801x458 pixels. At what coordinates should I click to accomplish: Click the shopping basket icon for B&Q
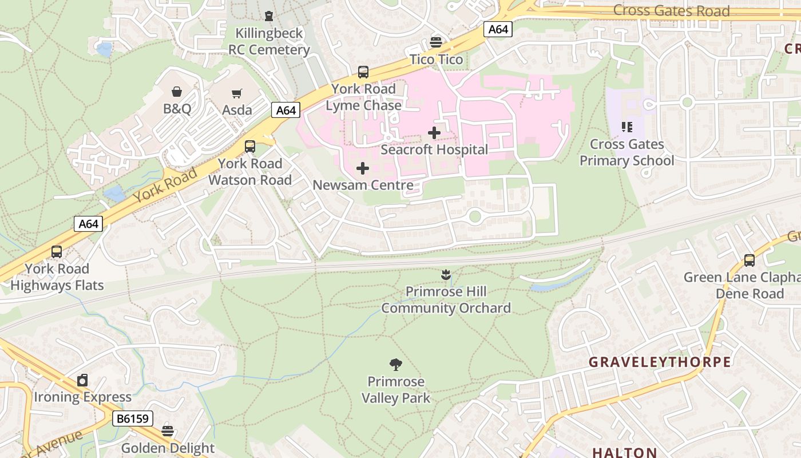(177, 92)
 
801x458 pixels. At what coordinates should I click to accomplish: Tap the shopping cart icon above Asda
(236, 93)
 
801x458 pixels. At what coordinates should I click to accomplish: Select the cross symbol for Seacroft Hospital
(434, 133)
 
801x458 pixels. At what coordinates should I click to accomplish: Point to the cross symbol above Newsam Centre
(363, 168)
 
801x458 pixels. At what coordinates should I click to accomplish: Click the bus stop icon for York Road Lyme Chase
(363, 72)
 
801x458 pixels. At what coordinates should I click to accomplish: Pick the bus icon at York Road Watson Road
(250, 147)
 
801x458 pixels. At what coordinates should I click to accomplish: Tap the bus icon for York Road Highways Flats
(57, 252)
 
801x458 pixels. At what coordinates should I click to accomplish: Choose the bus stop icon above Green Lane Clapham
(750, 260)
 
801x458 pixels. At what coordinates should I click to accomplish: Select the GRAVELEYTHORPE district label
(660, 362)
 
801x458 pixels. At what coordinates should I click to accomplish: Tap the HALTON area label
(624, 452)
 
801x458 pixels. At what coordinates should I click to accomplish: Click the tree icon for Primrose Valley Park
(395, 365)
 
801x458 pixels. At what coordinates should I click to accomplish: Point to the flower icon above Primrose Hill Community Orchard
(446, 275)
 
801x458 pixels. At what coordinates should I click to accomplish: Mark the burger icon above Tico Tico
(436, 42)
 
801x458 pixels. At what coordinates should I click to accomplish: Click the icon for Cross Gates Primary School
(627, 127)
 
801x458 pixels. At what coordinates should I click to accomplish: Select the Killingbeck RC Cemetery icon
(269, 16)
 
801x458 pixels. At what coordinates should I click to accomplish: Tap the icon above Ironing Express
(83, 380)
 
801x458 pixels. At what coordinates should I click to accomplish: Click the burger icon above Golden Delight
(168, 431)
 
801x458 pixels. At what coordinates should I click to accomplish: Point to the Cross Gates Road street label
(671, 11)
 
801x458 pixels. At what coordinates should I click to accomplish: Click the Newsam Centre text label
(363, 185)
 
